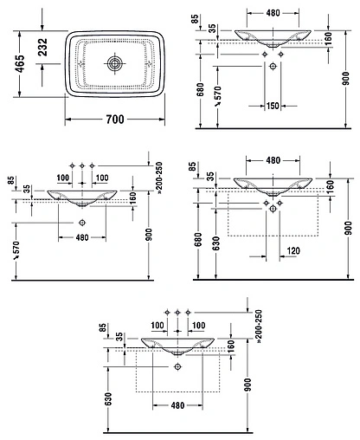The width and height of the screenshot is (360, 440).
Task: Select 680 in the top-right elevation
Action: point(202,88)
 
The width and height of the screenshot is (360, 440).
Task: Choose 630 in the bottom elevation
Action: point(108,400)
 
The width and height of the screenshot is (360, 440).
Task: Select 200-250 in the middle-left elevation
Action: point(161,178)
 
